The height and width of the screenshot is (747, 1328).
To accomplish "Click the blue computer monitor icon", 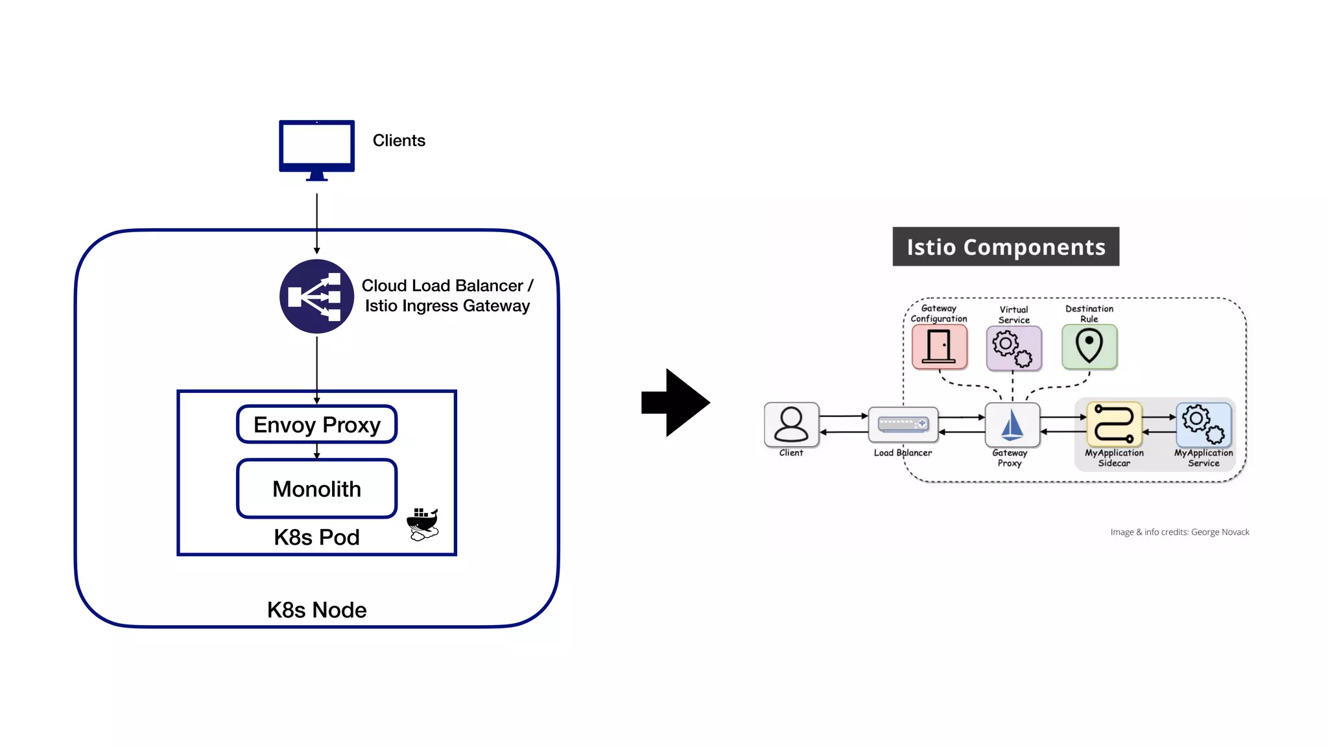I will point(316,147).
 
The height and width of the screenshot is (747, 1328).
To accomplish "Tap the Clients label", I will point(399,141).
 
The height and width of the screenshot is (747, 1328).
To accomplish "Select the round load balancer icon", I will point(316,296).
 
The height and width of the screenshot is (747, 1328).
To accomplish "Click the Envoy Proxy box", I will point(316,425).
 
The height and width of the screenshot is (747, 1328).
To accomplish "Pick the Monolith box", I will point(316,488).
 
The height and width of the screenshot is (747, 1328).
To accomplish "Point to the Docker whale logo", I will point(423,524).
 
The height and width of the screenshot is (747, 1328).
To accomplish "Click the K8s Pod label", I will point(316,537).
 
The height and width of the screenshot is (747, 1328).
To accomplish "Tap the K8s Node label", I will point(316,610).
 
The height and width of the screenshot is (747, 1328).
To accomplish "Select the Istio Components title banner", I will point(1006,247).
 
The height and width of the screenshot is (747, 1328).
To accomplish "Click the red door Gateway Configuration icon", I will point(939,347).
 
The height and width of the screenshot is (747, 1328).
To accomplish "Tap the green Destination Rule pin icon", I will point(1089,347).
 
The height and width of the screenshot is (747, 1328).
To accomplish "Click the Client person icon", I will point(791,425).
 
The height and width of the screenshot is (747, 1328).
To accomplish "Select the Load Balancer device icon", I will point(903,425).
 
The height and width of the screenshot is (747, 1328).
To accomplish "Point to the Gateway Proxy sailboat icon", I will point(1012,425).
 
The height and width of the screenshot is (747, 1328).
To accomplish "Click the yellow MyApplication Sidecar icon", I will point(1114,424).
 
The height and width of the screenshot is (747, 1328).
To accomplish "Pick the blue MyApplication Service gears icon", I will point(1203,424).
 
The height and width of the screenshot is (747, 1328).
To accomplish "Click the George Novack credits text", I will point(1180,532).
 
